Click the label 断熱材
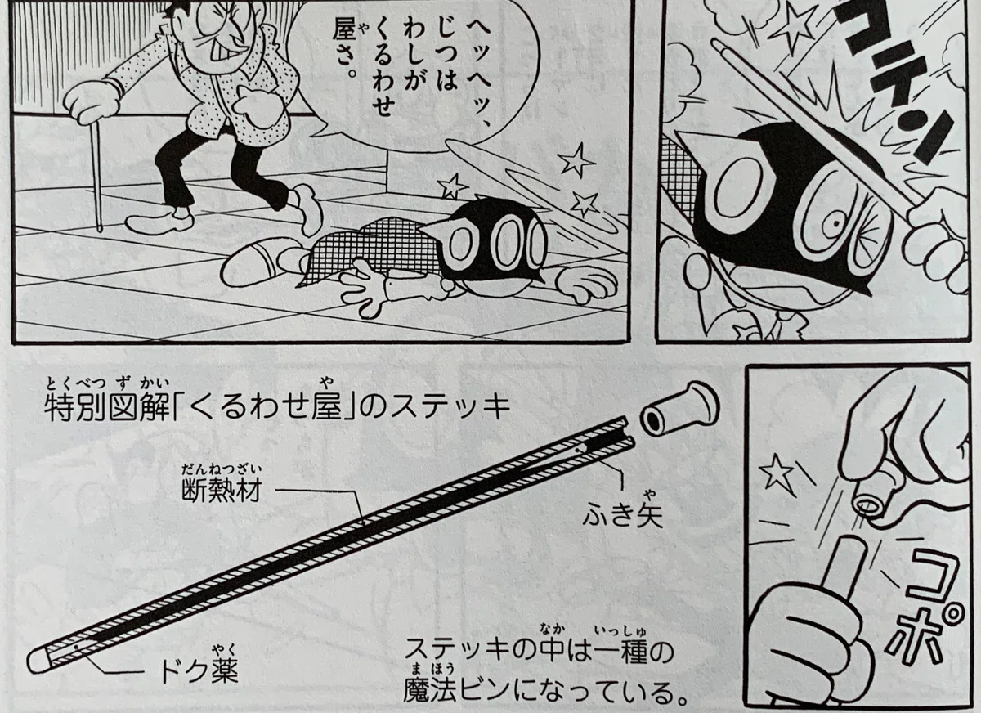[x=222, y=491]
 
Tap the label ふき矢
[x=622, y=517]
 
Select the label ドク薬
[x=199, y=683]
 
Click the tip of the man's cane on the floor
[x=101, y=228]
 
